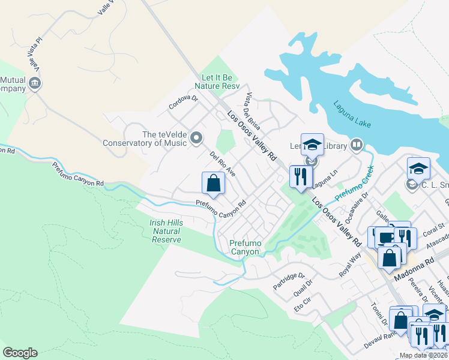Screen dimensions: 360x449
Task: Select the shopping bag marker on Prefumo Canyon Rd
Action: [x=213, y=184]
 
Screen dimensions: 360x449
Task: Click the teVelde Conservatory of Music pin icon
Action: [x=196, y=139]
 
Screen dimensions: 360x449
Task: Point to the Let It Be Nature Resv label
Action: [x=220, y=82]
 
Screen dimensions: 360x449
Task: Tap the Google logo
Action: [x=20, y=353]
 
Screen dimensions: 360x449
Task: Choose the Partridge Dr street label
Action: [x=286, y=278]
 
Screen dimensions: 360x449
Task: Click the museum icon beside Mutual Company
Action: [x=35, y=83]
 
